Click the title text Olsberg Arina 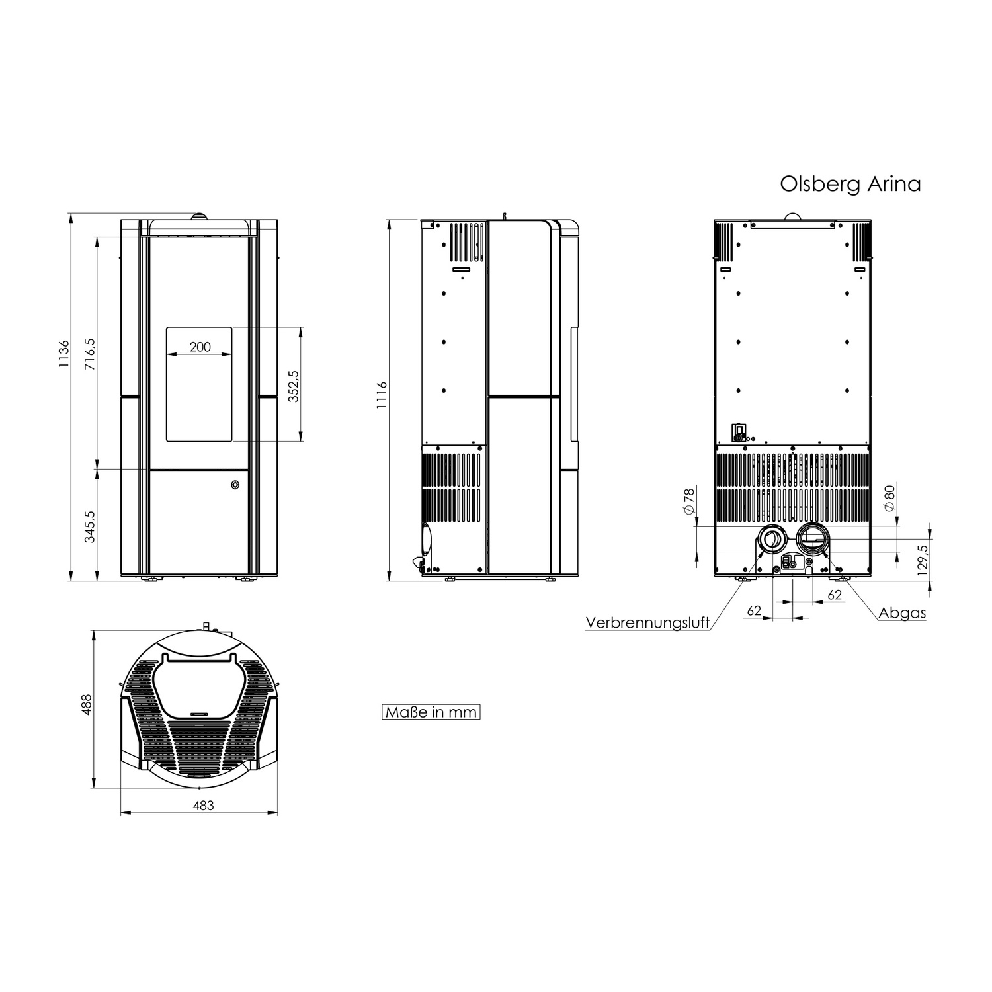[850, 184]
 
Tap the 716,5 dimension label [91, 354]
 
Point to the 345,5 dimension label [91, 526]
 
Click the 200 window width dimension [200, 347]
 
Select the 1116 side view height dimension [382, 395]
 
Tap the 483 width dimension [203, 806]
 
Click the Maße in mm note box [431, 712]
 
